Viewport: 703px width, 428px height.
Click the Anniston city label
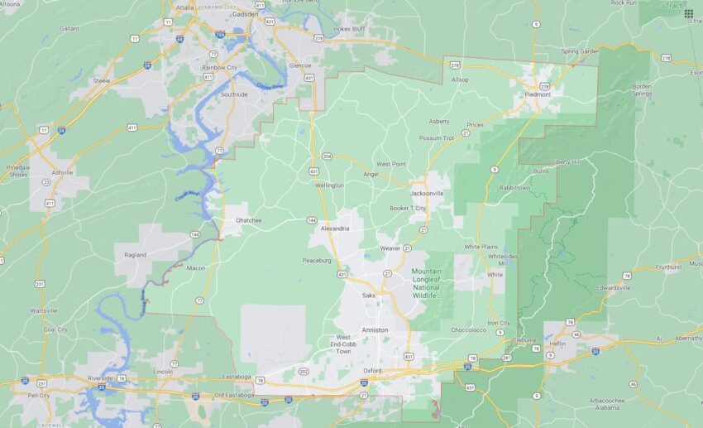click(x=375, y=329)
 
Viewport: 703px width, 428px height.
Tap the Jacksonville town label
click(x=427, y=193)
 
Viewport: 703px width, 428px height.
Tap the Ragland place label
click(x=135, y=254)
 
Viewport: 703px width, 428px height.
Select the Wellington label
click(x=329, y=185)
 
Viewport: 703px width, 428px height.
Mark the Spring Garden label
click(x=579, y=51)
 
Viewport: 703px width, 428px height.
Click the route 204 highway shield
click(x=327, y=156)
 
